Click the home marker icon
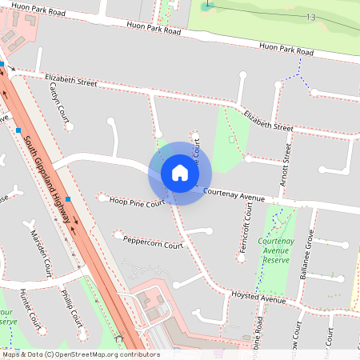(x=180, y=173)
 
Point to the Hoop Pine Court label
(x=137, y=202)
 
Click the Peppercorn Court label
(x=154, y=242)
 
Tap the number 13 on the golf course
(x=310, y=17)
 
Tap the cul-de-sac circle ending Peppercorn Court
(x=118, y=235)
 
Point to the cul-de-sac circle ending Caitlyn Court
(x=70, y=126)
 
